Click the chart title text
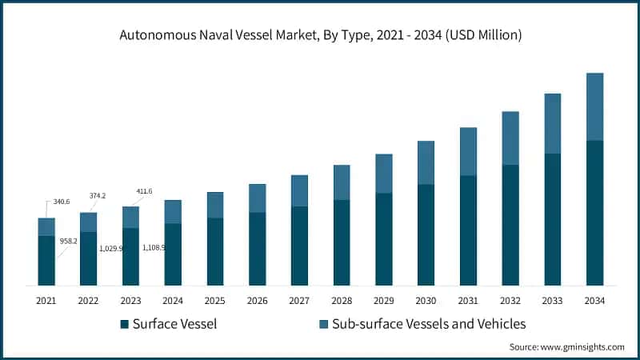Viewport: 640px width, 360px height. point(320,35)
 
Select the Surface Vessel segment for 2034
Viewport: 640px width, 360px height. point(594,213)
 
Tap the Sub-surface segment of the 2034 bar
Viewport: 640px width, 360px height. point(594,106)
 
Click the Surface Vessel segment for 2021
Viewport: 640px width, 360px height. point(46,261)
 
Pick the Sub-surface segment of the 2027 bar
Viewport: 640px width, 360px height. point(299,190)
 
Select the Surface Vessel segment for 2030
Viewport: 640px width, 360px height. point(426,234)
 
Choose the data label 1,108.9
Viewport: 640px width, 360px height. point(154,248)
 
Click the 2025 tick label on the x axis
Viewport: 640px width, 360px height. point(214,301)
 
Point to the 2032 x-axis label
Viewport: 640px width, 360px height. point(510,301)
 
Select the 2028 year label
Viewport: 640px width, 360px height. point(341,301)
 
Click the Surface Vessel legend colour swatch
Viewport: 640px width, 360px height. point(124,324)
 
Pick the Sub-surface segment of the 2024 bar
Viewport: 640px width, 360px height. point(173,212)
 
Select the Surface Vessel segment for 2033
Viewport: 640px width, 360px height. point(552,219)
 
